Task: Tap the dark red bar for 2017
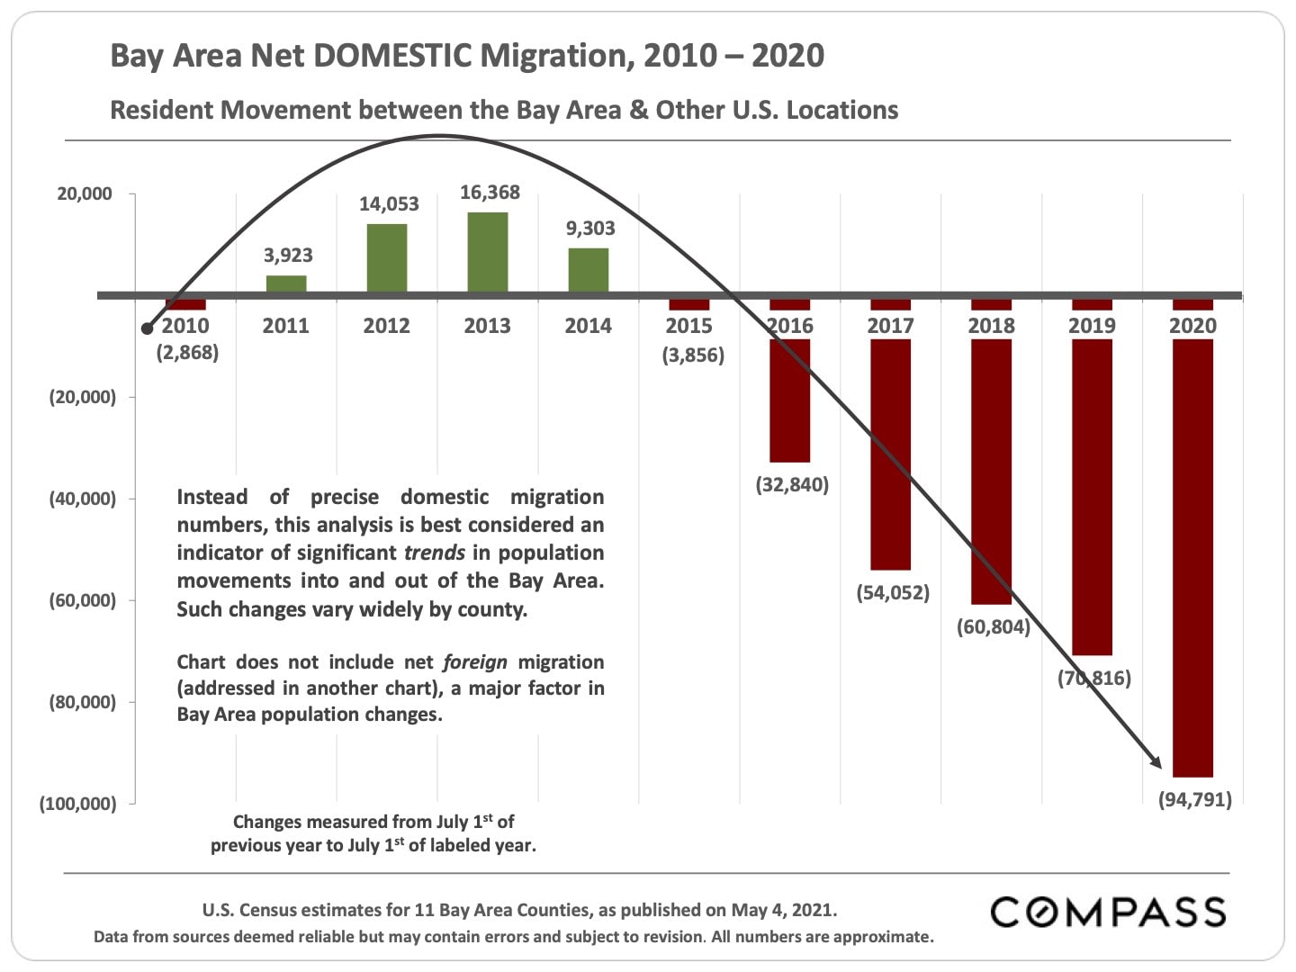[890, 450]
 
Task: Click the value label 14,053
[389, 204]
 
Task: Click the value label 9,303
[590, 229]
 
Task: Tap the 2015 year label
[688, 326]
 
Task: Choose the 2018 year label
[991, 326]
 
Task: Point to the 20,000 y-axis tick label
[85, 194]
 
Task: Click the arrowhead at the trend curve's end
[1155, 762]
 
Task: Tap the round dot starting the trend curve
[148, 328]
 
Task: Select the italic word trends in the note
[435, 553]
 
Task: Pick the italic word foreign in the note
[475, 662]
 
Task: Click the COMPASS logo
[1108, 912]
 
